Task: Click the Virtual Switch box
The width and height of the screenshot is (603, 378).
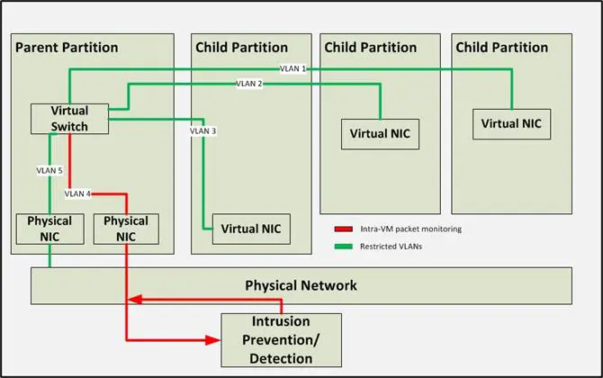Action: pyautogui.click(x=70, y=120)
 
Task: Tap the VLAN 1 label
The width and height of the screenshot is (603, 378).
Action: pyautogui.click(x=292, y=68)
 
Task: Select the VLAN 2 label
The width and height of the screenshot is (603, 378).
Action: pyautogui.click(x=249, y=84)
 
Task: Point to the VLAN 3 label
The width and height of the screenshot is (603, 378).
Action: pyautogui.click(x=202, y=131)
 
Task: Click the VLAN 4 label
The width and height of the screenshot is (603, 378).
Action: pyautogui.click(x=78, y=193)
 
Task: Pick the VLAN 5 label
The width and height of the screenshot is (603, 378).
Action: pyautogui.click(x=49, y=169)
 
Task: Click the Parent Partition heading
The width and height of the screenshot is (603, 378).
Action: pyautogui.click(x=67, y=47)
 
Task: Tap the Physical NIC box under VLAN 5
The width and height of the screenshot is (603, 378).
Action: pyautogui.click(x=49, y=229)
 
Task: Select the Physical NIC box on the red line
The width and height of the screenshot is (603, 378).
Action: pyautogui.click(x=126, y=229)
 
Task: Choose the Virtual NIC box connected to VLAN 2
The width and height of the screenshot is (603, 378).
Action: pyautogui.click(x=380, y=133)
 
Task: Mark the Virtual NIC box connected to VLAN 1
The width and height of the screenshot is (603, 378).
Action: pyautogui.click(x=511, y=123)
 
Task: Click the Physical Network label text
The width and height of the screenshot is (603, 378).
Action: pyautogui.click(x=301, y=286)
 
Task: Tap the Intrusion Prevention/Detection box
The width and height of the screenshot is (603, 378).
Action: pyautogui.click(x=282, y=339)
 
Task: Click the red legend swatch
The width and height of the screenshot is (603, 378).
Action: pyautogui.click(x=342, y=229)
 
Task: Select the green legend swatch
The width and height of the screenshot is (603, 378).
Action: pyautogui.click(x=342, y=246)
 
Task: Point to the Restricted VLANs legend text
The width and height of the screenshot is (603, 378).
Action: pyautogui.click(x=391, y=246)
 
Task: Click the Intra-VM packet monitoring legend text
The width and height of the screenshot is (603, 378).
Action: pyautogui.click(x=409, y=229)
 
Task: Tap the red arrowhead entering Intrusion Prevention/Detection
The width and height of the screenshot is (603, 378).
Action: pyautogui.click(x=214, y=339)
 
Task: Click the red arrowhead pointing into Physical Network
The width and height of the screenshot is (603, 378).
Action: pyautogui.click(x=134, y=299)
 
